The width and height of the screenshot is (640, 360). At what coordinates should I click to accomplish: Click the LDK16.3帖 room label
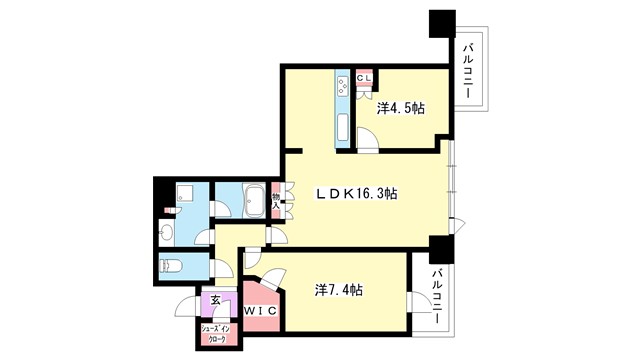358,193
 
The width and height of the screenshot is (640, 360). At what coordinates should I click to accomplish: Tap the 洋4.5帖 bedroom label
400,109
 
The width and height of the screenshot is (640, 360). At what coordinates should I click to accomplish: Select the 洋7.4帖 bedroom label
339,290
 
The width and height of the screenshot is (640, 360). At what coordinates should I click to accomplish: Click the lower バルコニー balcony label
437,297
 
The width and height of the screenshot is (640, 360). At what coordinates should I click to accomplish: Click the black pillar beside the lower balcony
440,248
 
